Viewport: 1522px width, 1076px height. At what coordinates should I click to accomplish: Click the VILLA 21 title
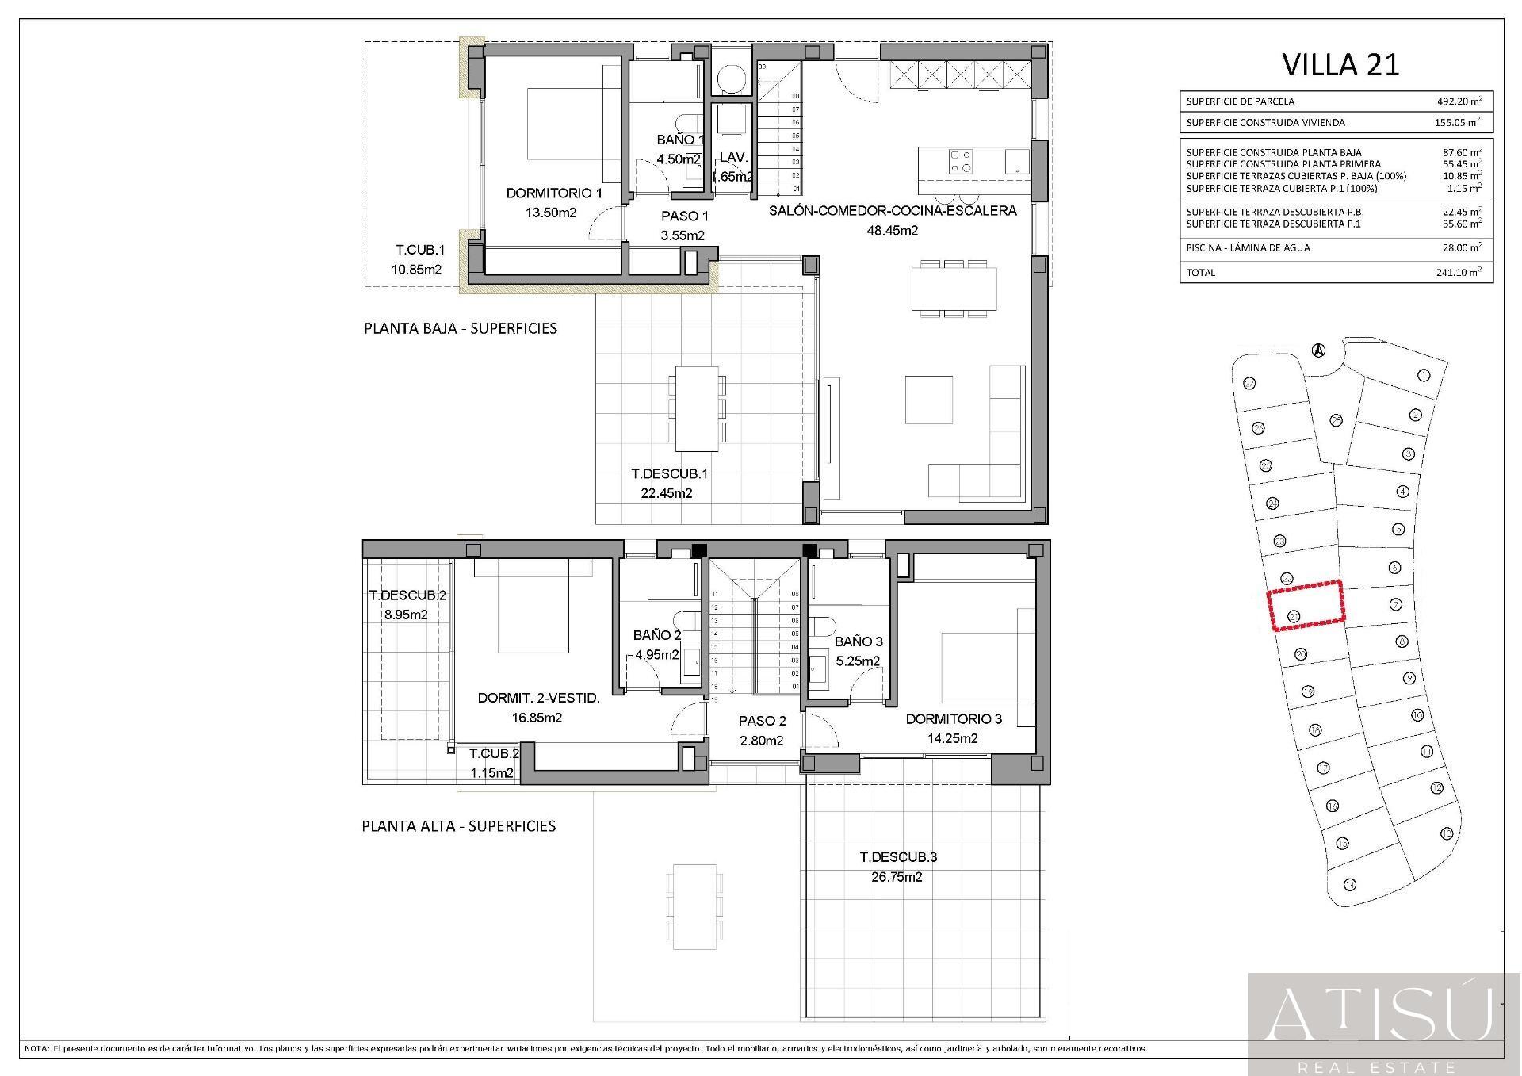1340,64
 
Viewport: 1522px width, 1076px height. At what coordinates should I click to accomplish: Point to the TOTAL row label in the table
1200,273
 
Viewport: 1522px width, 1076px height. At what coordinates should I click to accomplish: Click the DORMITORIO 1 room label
554,193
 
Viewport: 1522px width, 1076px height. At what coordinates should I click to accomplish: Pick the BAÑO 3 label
858,641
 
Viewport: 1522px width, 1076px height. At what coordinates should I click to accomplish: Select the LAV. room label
733,158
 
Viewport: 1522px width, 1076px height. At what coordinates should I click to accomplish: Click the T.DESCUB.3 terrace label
898,857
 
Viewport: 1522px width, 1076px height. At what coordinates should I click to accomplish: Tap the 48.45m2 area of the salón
893,231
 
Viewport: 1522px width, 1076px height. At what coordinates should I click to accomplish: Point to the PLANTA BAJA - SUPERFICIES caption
460,328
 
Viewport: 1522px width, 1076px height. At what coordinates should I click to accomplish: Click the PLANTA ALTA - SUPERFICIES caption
458,826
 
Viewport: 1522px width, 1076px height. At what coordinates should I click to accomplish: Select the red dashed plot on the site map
1306,605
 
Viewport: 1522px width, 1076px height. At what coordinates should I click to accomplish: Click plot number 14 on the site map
1350,885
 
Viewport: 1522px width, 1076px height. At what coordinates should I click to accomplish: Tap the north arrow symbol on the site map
1317,350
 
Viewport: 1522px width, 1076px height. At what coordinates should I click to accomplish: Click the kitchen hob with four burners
961,162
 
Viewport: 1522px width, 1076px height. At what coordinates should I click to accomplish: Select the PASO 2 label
762,722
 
